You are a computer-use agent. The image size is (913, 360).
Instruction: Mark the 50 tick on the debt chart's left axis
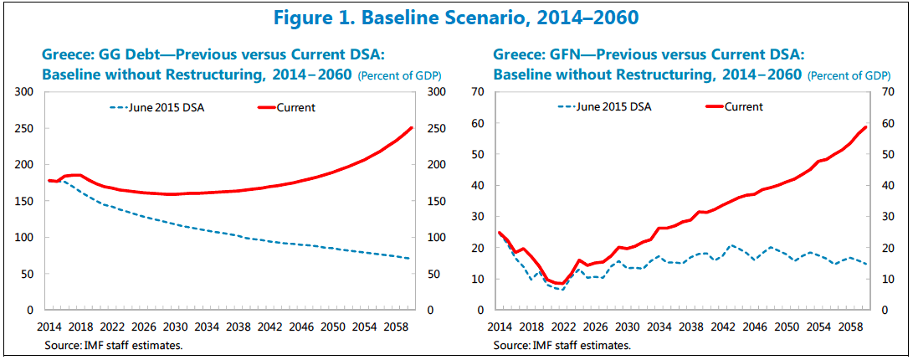coord(27,274)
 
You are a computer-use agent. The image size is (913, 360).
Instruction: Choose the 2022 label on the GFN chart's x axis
coord(564,325)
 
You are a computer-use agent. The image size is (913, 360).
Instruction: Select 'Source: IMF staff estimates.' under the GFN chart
coord(562,343)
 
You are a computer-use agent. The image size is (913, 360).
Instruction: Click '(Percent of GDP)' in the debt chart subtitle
coord(400,76)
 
